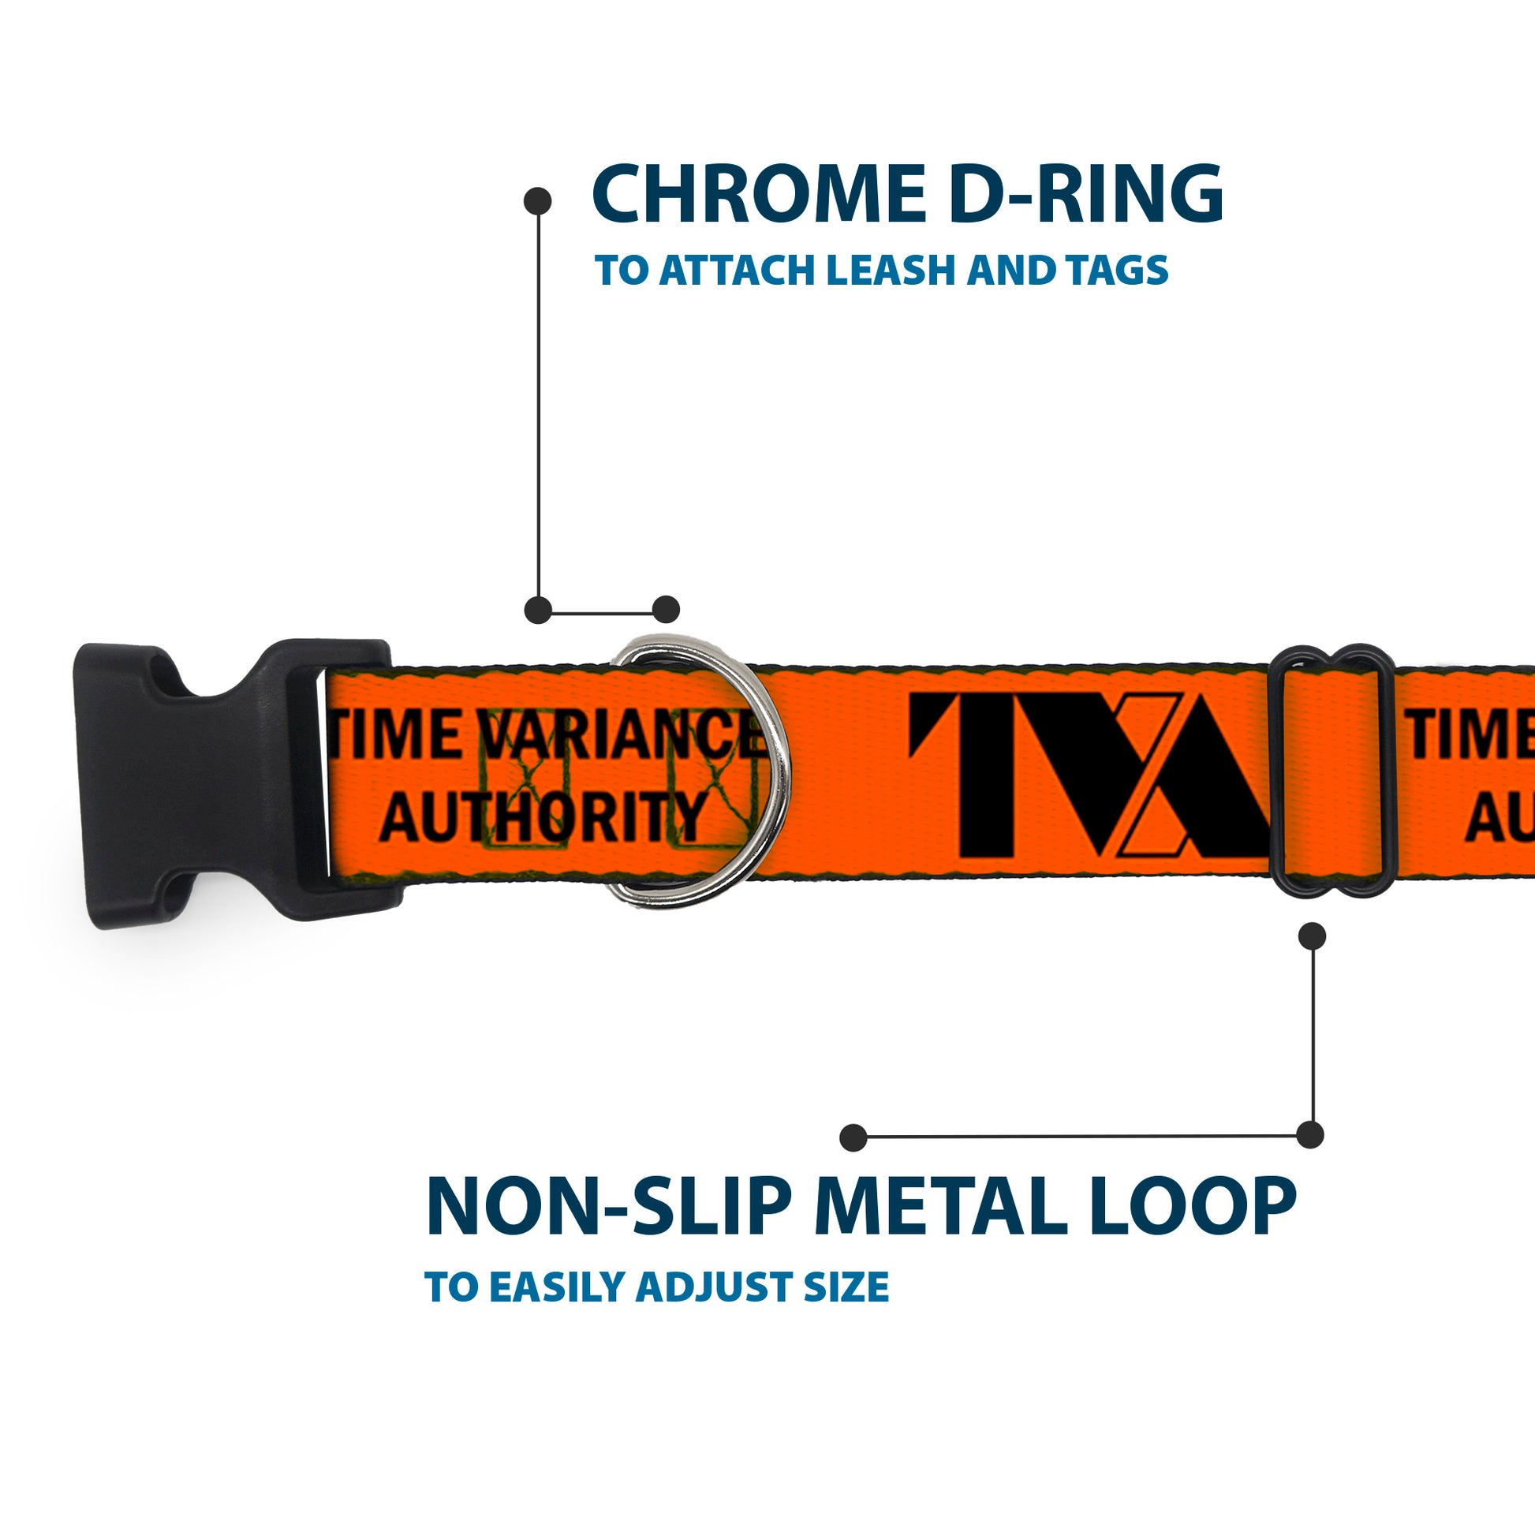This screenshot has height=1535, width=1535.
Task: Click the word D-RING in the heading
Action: (1085, 195)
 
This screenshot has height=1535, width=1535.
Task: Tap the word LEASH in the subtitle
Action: (893, 271)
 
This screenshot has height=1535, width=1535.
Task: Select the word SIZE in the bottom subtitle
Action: (846, 1287)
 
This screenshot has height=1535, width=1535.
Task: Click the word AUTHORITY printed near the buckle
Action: (543, 817)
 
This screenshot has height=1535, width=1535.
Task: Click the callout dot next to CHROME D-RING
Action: (538, 201)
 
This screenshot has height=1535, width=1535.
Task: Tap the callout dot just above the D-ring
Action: (666, 610)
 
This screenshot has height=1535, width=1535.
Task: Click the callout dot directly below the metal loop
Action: (1312, 937)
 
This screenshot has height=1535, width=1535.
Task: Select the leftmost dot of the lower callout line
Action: (853, 1137)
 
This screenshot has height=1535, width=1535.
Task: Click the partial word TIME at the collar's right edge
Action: (1470, 735)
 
